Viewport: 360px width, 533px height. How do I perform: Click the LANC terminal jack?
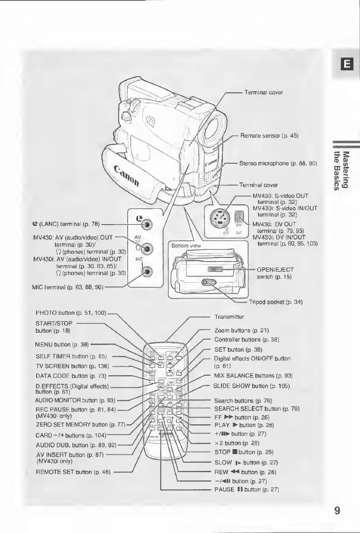click(148, 224)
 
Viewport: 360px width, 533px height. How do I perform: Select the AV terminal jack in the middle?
click(148, 248)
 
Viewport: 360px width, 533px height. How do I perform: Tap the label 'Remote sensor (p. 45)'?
click(268, 135)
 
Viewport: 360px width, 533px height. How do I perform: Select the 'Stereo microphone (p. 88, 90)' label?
click(279, 163)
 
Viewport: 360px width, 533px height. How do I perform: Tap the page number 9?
click(337, 510)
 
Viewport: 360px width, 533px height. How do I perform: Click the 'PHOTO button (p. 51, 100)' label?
click(71, 313)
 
